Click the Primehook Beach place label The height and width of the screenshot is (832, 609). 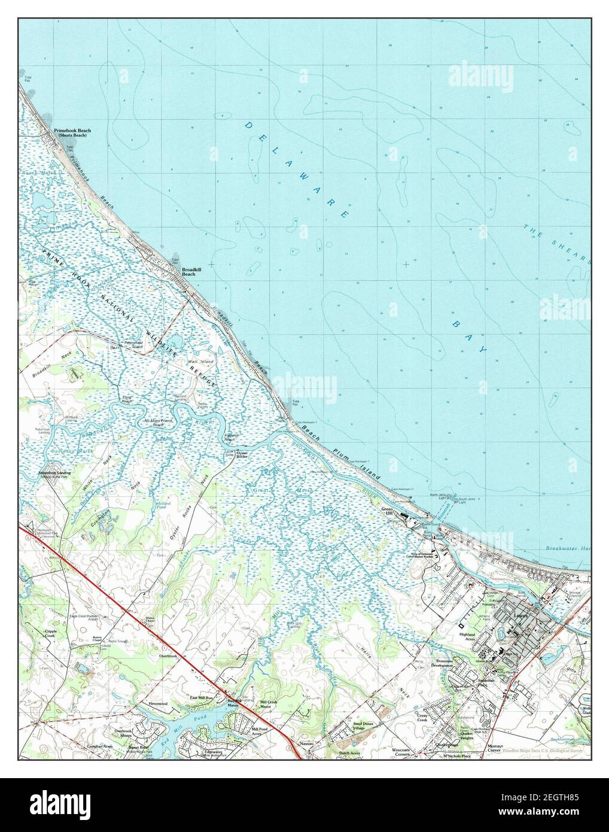pyautogui.click(x=72, y=130)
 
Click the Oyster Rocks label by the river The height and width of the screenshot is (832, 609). pyautogui.click(x=242, y=454)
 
